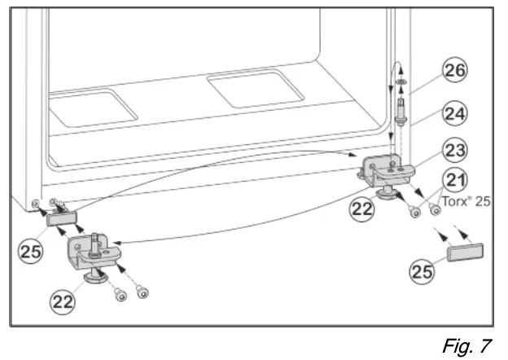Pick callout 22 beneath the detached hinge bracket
(x=64, y=303)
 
